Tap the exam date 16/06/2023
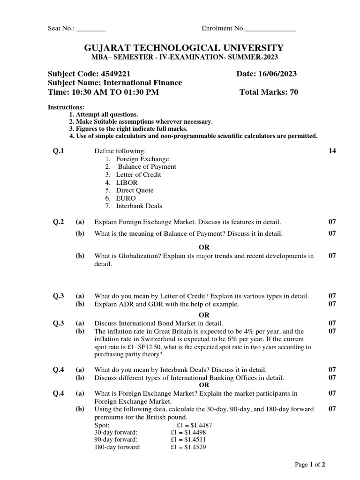tap(277, 74)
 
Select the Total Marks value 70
tap(293, 92)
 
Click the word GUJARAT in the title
tap(109, 48)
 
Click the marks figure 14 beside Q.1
tap(332, 151)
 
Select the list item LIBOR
tap(127, 182)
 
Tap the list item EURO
tap(126, 198)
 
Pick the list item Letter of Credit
tap(138, 174)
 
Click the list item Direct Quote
tap(135, 190)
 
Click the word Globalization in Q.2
tap(128, 256)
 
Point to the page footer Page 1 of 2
tap(310, 465)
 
